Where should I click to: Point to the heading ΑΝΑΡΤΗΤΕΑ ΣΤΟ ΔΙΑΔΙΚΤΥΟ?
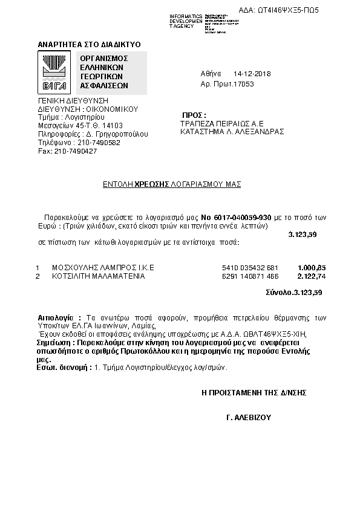point(89,45)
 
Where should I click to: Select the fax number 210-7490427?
point(75,151)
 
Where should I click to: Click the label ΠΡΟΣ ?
point(194,115)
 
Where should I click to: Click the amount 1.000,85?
point(312,267)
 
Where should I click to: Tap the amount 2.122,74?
point(312,276)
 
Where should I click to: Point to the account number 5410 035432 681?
point(250,267)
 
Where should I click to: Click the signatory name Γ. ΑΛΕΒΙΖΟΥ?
point(247,418)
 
